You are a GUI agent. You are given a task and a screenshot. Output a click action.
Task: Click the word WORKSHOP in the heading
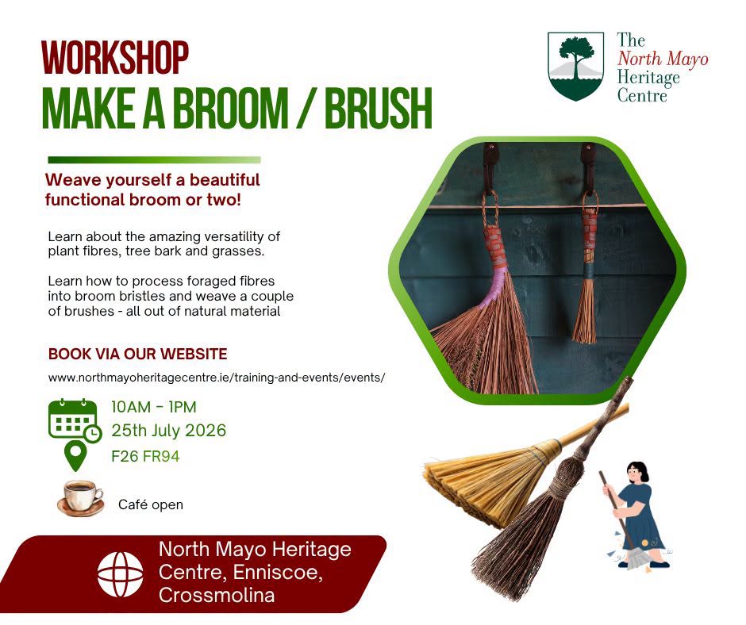point(115,58)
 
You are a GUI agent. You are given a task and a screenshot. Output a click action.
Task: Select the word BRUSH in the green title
point(379,108)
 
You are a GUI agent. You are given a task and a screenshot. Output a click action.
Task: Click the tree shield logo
point(575,66)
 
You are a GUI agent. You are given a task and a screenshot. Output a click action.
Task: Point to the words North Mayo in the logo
point(663,59)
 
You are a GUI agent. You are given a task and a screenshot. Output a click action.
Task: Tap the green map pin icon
point(75,456)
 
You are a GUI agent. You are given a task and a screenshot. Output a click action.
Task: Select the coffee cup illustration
point(80,498)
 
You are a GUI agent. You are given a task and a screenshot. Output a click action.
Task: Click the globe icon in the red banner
point(121,574)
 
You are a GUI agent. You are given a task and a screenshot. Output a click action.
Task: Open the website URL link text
point(217,378)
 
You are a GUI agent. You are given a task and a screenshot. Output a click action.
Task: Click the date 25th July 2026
point(169,431)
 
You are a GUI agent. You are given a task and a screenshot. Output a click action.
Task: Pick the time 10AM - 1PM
point(154,407)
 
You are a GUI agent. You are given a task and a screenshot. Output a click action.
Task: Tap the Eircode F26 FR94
point(145,456)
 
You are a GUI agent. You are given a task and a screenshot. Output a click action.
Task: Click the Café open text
point(150,504)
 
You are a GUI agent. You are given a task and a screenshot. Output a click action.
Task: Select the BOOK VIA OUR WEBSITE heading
point(137,354)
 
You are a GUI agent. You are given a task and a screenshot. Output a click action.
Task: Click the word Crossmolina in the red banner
point(217,595)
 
